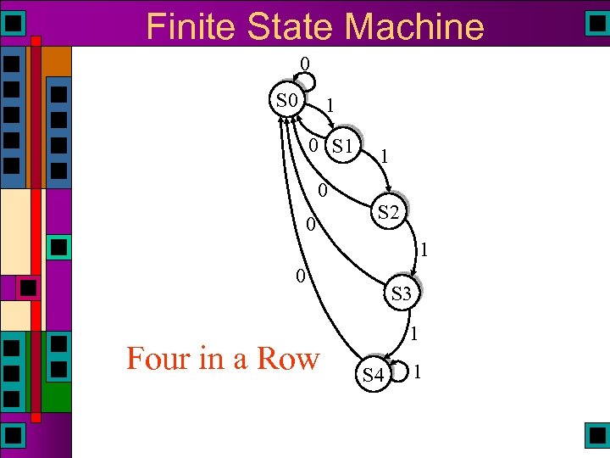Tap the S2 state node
click(x=389, y=213)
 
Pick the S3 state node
click(x=401, y=293)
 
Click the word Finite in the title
click(x=191, y=26)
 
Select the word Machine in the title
click(x=414, y=26)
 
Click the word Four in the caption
click(x=157, y=358)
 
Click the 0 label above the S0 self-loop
click(x=304, y=64)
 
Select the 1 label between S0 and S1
click(x=330, y=106)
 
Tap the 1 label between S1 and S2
click(x=385, y=156)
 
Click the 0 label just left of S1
click(x=313, y=145)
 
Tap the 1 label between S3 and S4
click(x=413, y=335)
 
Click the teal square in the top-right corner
click(x=597, y=22)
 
